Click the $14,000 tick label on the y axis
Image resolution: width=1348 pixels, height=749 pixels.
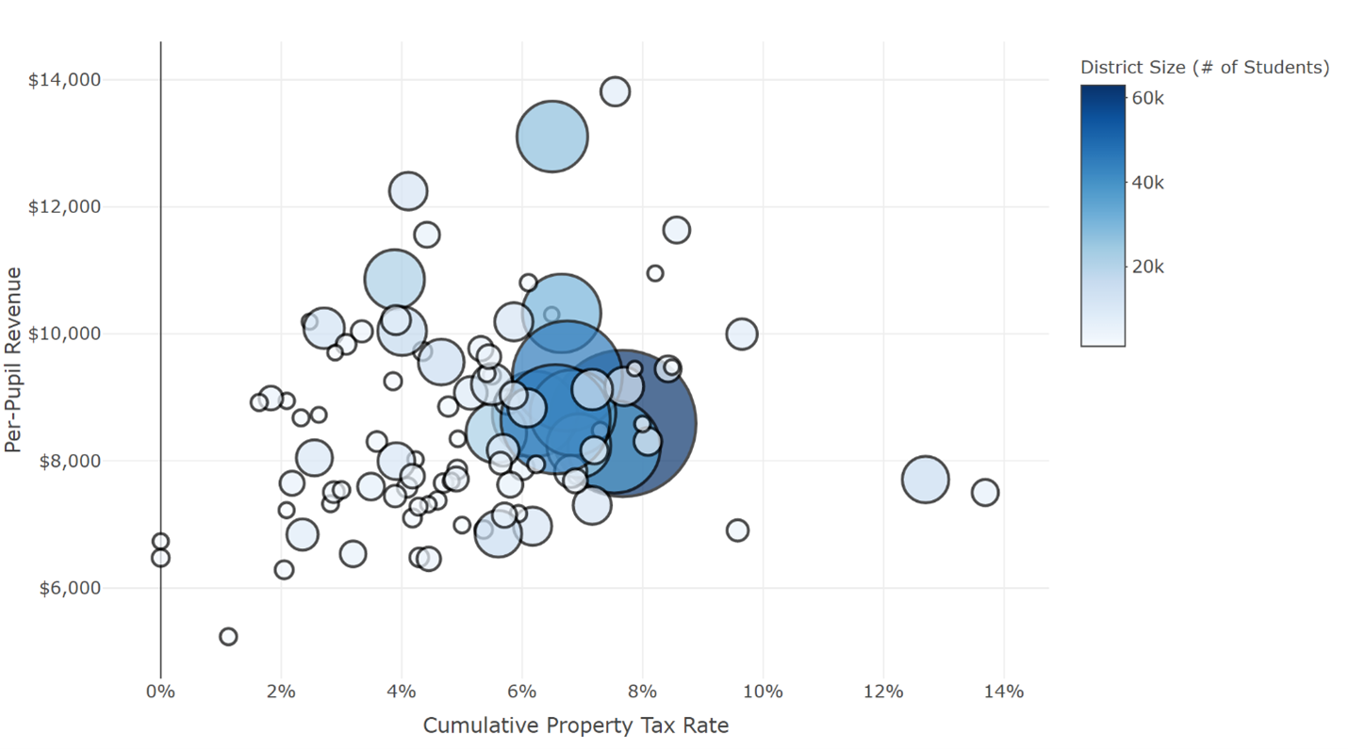coord(64,80)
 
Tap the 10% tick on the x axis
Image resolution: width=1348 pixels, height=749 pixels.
coord(763,692)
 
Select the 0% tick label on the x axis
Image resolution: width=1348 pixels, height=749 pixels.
coord(160,692)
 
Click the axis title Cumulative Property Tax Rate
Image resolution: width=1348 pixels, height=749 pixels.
coord(575,725)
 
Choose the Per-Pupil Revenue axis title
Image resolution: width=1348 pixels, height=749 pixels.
coord(13,359)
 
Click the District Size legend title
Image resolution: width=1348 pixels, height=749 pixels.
coord(1204,67)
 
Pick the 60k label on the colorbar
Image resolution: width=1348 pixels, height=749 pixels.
coord(1147,97)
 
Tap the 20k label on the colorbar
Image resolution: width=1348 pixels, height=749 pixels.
coord(1147,267)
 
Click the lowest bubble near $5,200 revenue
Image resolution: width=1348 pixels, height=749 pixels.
coord(228,637)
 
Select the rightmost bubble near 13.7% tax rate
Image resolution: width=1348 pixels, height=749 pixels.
coord(985,492)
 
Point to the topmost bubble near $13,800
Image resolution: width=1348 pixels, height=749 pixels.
coord(616,91)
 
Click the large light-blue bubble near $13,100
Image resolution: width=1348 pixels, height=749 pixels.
coord(552,137)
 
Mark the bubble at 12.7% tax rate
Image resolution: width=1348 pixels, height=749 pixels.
coord(925,479)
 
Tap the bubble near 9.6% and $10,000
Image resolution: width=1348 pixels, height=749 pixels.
coord(742,334)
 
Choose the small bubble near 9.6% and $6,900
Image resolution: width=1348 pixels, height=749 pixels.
coord(737,530)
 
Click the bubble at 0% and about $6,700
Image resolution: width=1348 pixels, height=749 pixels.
coord(160,541)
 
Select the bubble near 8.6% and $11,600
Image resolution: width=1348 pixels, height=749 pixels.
coord(677,229)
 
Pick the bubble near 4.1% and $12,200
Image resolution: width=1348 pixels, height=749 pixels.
coord(408,191)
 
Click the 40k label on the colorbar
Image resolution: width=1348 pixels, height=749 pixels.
coord(1147,183)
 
